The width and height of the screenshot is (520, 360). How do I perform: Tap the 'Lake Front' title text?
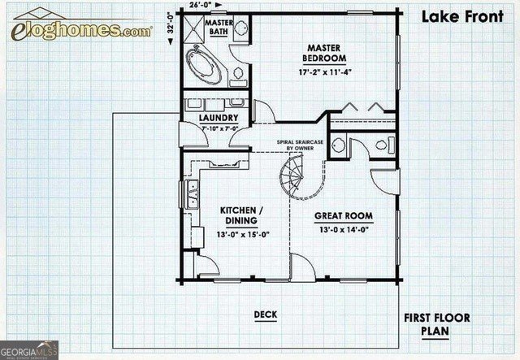(461, 16)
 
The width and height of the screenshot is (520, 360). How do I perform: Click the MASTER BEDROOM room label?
(324, 54)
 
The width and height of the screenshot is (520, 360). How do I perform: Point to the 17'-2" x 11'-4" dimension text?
(324, 72)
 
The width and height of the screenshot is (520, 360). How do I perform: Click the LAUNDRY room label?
(218, 117)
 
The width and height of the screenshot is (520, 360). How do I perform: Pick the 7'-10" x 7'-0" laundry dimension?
(217, 127)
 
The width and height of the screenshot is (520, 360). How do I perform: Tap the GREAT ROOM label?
(344, 216)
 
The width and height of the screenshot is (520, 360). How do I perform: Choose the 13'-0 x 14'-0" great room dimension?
(344, 230)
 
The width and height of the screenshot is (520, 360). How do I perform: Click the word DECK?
(265, 314)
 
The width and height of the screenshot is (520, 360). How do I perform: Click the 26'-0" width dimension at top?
(197, 5)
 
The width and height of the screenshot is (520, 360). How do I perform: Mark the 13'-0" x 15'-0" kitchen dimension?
(243, 234)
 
